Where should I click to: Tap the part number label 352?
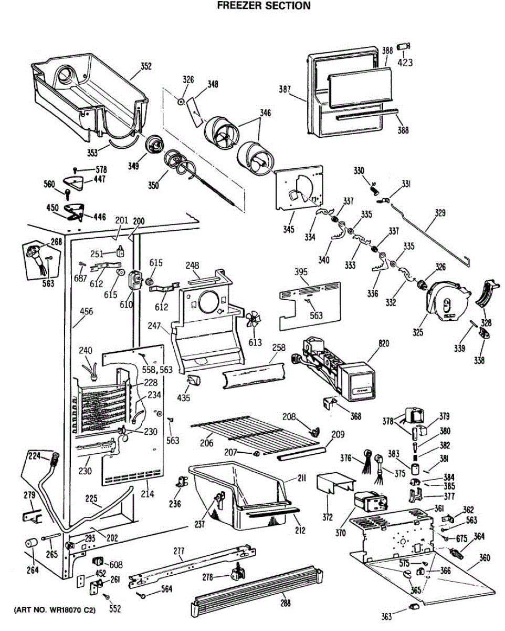145,66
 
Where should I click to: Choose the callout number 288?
285,604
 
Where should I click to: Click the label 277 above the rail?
179,551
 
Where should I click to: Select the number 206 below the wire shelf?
206,443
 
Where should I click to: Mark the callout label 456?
86,312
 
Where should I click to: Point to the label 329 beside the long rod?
439,213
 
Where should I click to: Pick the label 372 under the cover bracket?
327,517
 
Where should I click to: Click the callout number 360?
486,557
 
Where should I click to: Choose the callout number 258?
278,349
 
